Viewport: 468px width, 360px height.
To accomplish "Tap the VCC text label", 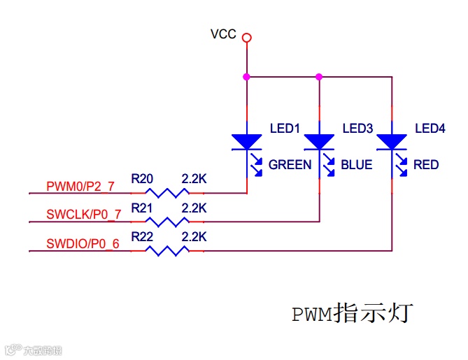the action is point(223,34).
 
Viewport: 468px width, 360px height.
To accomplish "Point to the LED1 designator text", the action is point(285,129).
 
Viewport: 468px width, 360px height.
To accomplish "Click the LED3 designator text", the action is point(357,129).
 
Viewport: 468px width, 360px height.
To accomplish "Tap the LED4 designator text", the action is point(430,129).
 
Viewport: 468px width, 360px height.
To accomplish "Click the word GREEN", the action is point(290,165).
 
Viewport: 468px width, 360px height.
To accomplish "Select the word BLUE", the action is point(357,165).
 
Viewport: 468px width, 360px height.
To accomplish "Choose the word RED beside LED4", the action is point(426,165).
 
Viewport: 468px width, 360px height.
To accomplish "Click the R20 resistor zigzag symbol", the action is point(167,193).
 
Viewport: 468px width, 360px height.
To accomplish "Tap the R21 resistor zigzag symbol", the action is point(167,222).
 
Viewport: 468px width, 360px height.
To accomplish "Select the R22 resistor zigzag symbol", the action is point(167,251).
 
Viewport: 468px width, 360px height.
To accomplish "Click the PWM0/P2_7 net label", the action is point(80,187).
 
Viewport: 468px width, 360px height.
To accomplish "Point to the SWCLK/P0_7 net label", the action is point(84,215).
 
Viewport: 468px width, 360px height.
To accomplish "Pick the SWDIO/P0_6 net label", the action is point(83,244).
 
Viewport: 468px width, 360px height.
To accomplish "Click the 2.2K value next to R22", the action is point(194,237).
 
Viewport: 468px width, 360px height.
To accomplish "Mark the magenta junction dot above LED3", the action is point(319,77).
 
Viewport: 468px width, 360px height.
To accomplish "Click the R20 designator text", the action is point(142,179).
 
